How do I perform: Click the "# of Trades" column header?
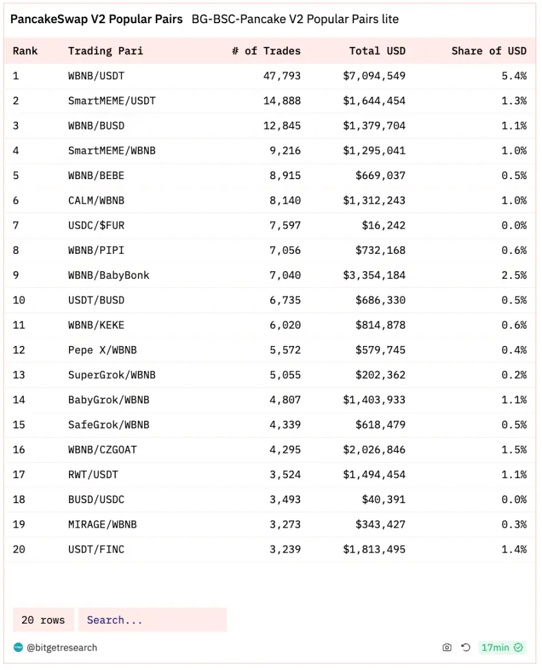[x=266, y=51]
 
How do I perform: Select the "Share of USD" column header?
[x=489, y=51]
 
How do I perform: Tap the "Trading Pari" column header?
[x=106, y=51]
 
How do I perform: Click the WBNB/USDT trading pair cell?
[x=97, y=76]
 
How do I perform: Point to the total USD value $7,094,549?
[x=374, y=76]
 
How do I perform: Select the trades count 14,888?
[x=282, y=100]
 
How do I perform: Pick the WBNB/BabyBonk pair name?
[x=109, y=275]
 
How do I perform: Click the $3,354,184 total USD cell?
[x=374, y=275]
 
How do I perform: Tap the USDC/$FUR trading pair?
[x=97, y=225]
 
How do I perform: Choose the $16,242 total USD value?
[x=384, y=225]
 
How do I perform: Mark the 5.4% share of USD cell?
[x=514, y=76]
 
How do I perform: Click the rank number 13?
[x=19, y=375]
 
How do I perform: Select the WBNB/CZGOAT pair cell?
[x=102, y=450]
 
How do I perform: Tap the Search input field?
[x=153, y=620]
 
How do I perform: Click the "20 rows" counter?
[x=43, y=620]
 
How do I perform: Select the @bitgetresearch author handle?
[x=62, y=647]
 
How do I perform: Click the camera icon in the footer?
[x=447, y=647]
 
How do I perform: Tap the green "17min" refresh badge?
[x=501, y=647]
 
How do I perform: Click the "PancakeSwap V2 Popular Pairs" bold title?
[x=97, y=19]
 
